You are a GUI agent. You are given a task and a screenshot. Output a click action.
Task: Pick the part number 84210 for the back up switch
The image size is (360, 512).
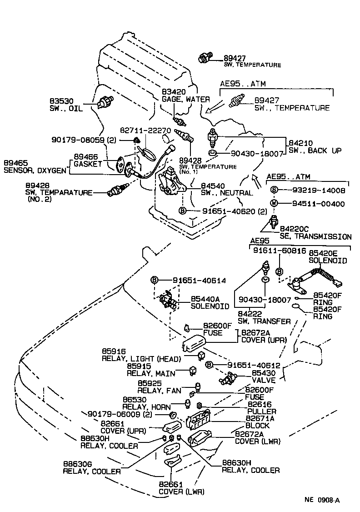tap(300, 143)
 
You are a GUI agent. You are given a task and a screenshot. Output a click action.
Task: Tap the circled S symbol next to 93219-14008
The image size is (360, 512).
tap(274, 190)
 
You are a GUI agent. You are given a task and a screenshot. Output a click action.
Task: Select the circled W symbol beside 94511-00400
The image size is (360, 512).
tap(274, 203)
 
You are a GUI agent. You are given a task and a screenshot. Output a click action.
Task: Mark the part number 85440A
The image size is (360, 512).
tap(205, 299)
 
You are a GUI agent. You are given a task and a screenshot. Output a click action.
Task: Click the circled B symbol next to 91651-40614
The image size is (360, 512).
tap(154, 280)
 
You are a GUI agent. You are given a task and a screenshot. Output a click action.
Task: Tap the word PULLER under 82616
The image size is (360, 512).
tap(262, 411)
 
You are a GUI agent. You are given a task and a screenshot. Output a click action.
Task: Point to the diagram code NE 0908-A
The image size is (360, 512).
tap(322, 500)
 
